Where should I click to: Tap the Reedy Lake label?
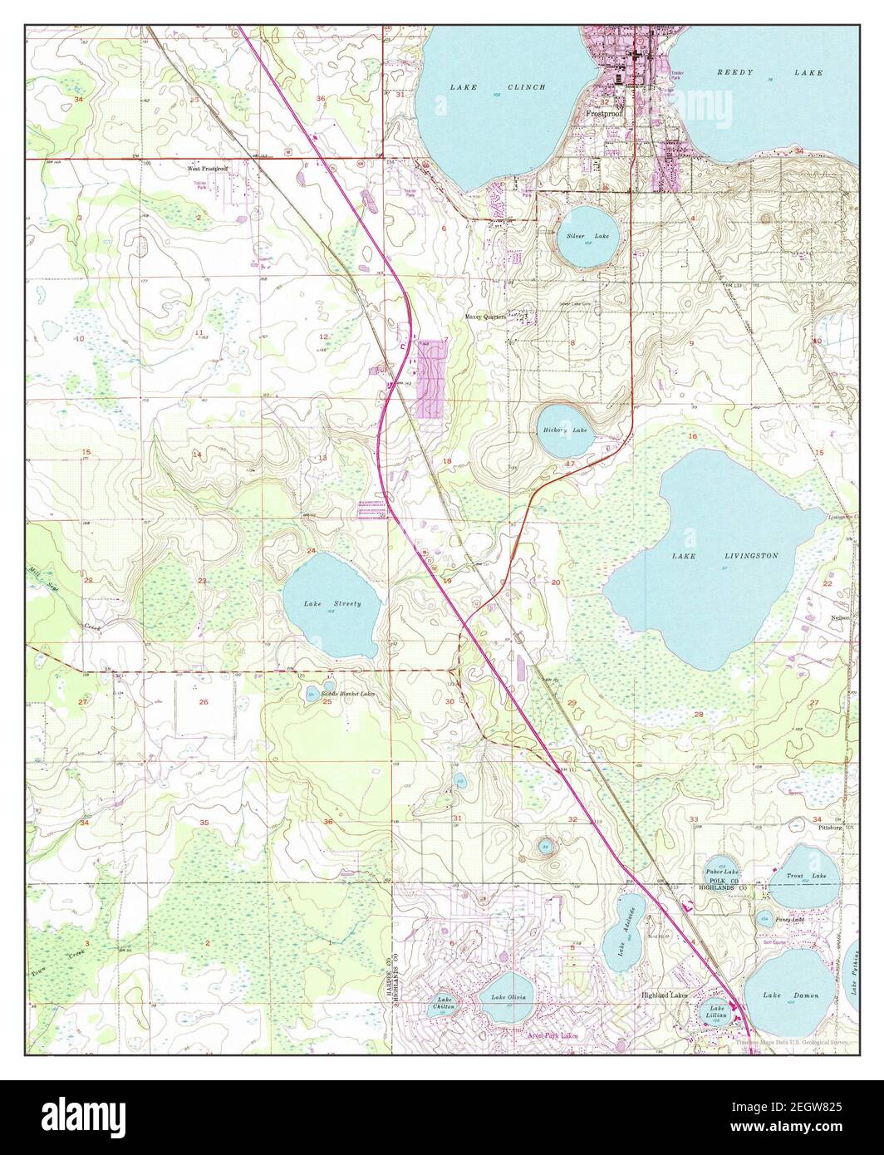click(x=769, y=73)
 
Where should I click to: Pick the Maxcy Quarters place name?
click(x=485, y=317)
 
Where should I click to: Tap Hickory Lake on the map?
click(x=565, y=430)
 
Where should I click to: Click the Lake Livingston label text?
click(x=724, y=555)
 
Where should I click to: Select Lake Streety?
click(x=331, y=603)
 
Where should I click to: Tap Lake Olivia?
click(x=509, y=997)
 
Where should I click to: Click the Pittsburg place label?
click(x=829, y=828)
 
